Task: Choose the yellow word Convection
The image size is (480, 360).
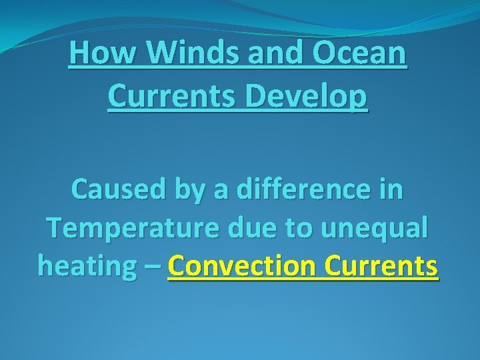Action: click(x=242, y=266)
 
